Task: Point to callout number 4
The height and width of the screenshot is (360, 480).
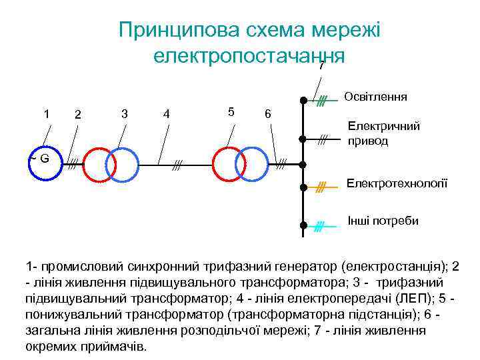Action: [x=166, y=115]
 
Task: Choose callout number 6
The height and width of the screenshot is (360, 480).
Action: [x=267, y=114]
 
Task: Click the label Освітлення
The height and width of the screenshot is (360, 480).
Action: [x=375, y=97]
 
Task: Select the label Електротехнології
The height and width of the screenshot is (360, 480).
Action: [x=397, y=183]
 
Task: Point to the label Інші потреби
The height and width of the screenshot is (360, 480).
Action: [x=383, y=221]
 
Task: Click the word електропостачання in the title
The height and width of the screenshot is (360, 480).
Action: [x=249, y=55]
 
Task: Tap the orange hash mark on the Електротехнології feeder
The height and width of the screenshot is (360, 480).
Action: [x=320, y=189]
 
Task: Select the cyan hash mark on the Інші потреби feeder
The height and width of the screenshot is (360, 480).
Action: [x=319, y=226]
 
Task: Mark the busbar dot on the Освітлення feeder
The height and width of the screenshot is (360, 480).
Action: [x=302, y=101]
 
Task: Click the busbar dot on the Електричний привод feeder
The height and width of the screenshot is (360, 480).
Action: [x=302, y=139]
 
